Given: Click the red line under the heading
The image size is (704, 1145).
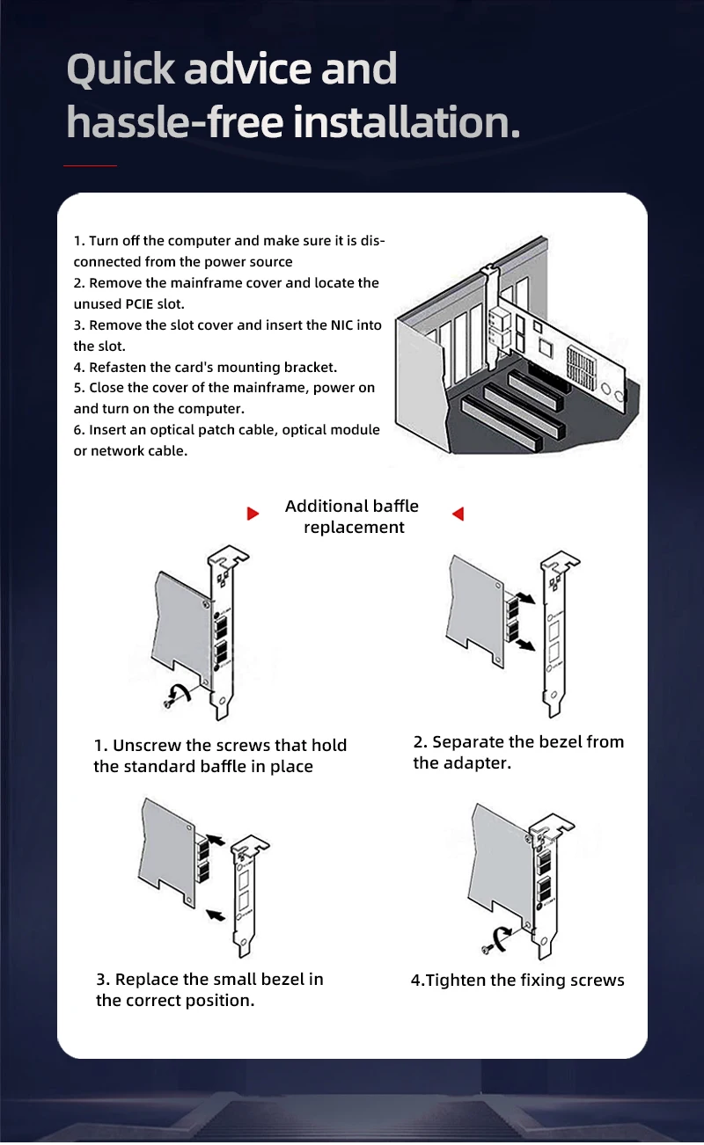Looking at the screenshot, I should point(90,165).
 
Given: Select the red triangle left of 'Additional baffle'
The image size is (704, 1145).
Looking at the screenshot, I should point(253,514).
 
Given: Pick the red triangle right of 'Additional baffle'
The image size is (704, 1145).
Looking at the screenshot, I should point(458,514).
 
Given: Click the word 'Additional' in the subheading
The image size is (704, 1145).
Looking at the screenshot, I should point(326,506).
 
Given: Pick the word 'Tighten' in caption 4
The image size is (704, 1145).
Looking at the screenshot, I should point(458,980).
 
